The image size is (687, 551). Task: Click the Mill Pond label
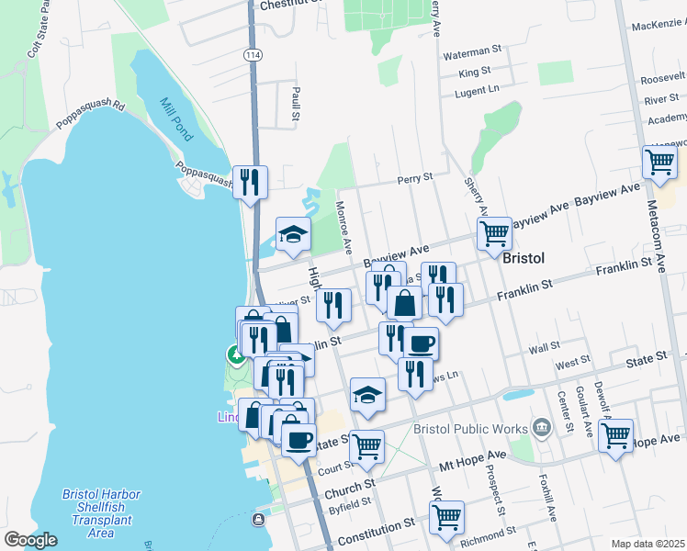click(x=176, y=118)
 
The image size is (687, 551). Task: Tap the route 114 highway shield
click(x=253, y=55)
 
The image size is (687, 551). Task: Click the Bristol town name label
click(x=524, y=259)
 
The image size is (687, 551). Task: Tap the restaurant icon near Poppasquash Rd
click(x=250, y=183)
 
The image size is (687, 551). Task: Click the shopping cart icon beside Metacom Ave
click(x=660, y=163)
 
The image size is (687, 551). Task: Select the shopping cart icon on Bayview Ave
click(x=494, y=234)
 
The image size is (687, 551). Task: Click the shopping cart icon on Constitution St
click(x=446, y=517)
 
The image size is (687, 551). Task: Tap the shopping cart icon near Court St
click(x=366, y=447)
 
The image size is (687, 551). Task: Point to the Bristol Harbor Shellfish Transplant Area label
click(x=101, y=513)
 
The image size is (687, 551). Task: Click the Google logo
click(x=30, y=540)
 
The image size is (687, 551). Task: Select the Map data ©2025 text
click(x=648, y=544)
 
